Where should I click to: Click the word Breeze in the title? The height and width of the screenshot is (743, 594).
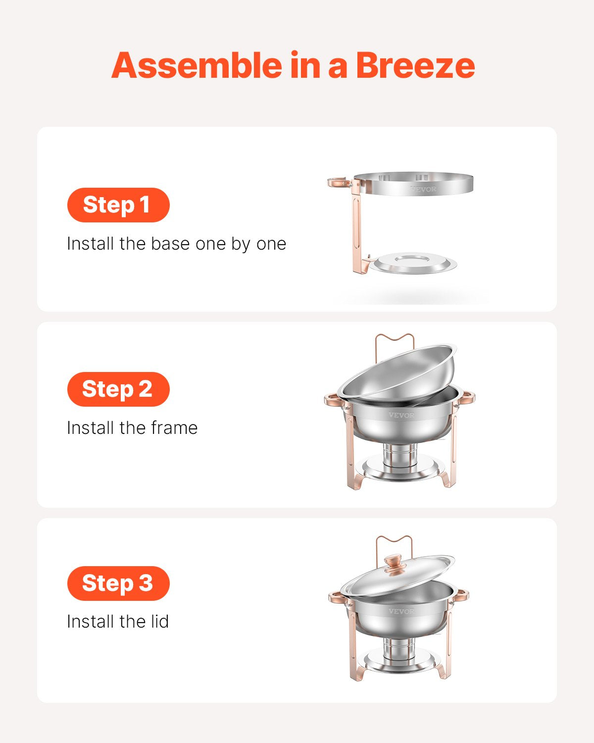click(x=415, y=65)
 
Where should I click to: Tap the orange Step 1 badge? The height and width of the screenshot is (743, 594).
click(x=118, y=205)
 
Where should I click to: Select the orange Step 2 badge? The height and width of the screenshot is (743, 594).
click(x=118, y=389)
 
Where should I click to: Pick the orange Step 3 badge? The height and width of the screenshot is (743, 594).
click(x=118, y=584)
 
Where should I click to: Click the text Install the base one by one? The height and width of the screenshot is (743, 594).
click(x=176, y=244)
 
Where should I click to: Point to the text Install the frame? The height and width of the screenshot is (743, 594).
click(x=132, y=428)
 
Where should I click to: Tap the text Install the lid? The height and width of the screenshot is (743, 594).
click(x=118, y=622)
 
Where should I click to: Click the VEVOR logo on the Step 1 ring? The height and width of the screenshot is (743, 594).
click(x=423, y=189)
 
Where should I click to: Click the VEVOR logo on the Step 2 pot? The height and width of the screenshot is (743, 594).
click(x=401, y=415)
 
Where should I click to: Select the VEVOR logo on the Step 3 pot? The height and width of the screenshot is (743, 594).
click(x=401, y=611)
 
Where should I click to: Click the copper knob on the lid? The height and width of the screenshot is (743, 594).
click(x=395, y=564)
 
